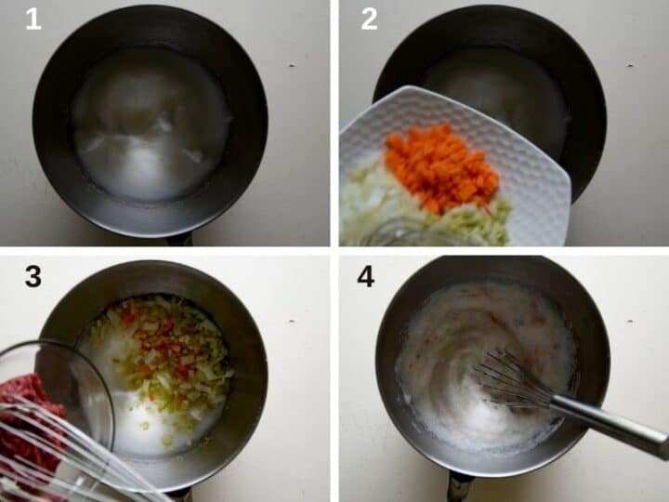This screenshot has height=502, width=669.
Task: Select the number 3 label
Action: click(33, 276)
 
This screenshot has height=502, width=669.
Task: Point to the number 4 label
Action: click(366, 276)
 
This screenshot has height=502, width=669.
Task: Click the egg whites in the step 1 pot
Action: click(149, 125)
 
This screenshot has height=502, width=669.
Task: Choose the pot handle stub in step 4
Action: click(459, 486)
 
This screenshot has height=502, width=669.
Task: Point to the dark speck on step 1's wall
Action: click(292, 66)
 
